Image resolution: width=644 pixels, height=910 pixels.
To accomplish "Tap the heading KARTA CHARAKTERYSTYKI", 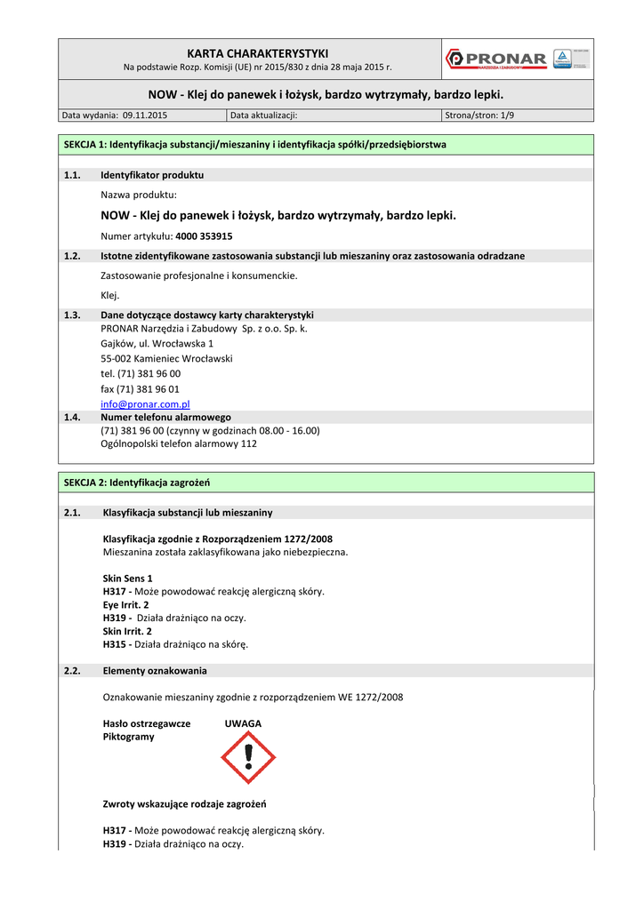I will click(250, 53).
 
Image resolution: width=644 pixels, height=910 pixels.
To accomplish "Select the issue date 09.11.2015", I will click(145, 116).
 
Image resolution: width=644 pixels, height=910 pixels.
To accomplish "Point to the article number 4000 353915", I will click(204, 236).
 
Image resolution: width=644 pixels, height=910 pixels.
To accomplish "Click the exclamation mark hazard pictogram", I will click(249, 758).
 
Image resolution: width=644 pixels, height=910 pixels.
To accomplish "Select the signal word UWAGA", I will click(243, 723).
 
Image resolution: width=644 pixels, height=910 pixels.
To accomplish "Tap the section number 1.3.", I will click(73, 315).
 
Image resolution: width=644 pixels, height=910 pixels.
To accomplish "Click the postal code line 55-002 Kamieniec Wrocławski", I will click(166, 358).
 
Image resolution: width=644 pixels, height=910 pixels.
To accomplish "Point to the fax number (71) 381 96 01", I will click(140, 388).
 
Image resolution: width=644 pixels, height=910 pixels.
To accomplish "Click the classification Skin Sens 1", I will click(128, 578).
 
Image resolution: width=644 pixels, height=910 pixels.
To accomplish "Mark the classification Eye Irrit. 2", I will click(126, 604).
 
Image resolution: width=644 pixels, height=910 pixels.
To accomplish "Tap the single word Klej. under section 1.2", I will click(110, 295).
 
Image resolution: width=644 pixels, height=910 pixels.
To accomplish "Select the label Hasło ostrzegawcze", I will click(147, 723).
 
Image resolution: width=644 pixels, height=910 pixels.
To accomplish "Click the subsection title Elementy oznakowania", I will click(155, 670).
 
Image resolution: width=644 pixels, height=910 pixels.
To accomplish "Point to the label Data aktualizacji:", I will click(263, 116).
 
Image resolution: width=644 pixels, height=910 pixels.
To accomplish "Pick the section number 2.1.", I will click(73, 513).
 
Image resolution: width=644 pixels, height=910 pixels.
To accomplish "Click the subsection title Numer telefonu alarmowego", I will click(165, 417).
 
